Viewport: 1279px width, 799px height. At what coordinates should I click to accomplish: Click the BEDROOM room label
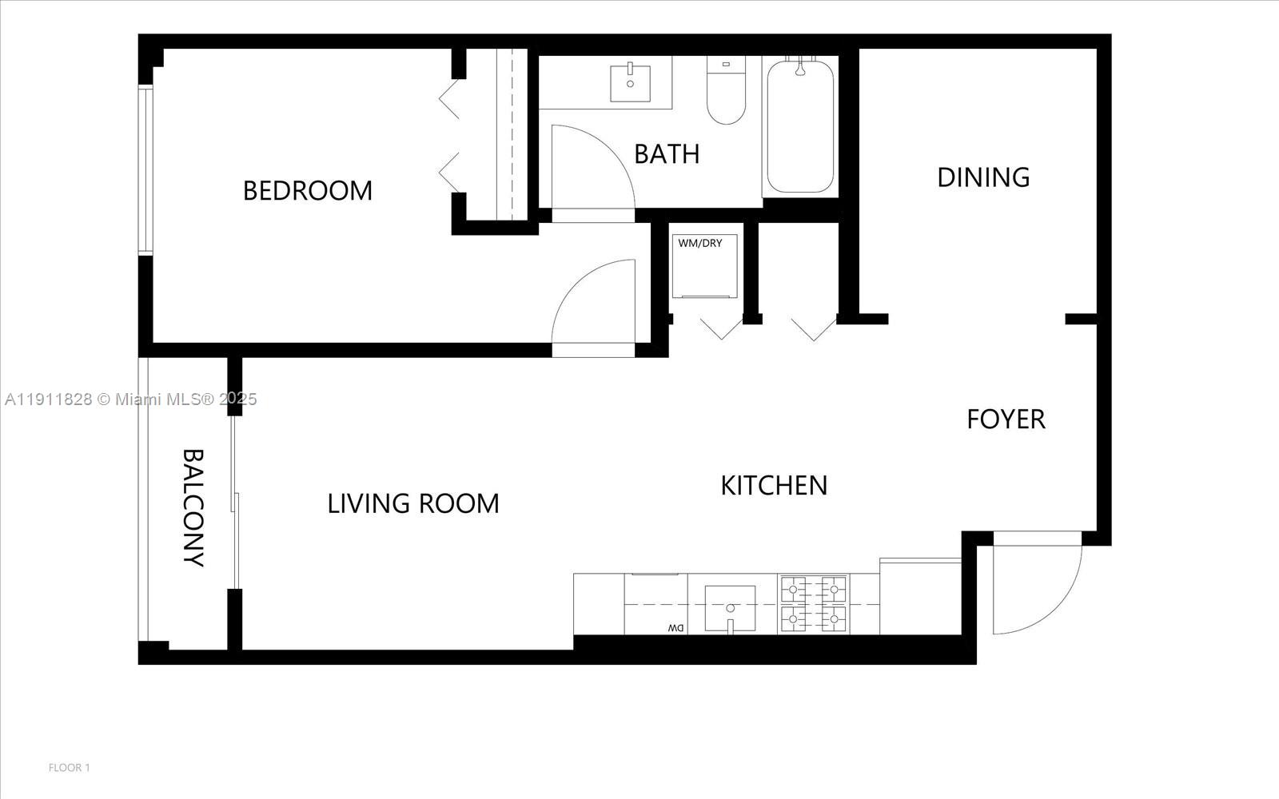[x=308, y=191]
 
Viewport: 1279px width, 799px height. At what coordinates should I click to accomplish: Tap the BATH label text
[x=667, y=153]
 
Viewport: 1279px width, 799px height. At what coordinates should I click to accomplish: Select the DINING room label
[x=983, y=177]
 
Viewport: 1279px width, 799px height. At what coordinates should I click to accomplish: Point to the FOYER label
[x=1006, y=419]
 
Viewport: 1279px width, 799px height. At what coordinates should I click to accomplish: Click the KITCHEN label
[x=774, y=485]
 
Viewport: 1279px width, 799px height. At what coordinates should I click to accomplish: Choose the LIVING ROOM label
[x=413, y=503]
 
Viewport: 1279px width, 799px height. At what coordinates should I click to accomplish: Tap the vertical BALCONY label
[x=193, y=507]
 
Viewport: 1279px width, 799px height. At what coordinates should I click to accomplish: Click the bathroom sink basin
[x=631, y=84]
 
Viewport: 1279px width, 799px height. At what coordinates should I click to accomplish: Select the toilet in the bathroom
[x=726, y=94]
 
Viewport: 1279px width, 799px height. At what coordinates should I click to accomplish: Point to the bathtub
[x=799, y=128]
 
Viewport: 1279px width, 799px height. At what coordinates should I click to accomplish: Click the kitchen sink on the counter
[x=730, y=608]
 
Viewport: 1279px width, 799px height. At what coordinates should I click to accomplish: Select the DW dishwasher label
[x=675, y=628]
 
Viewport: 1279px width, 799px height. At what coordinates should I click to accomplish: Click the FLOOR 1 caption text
[x=70, y=768]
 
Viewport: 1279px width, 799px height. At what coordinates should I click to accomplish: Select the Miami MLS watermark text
[x=130, y=399]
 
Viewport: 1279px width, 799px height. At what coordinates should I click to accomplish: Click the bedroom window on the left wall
[x=145, y=169]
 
